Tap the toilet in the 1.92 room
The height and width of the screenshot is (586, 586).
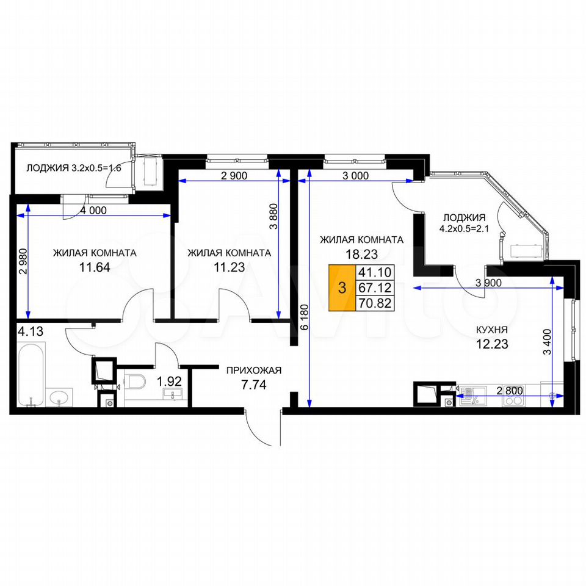(135, 381)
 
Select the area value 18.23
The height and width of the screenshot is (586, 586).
(361, 254)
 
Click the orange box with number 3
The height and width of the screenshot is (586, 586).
(342, 288)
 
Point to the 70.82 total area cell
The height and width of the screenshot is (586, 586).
(374, 303)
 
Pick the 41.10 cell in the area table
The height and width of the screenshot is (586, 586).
(374, 272)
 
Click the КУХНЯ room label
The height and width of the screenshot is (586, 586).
(491, 330)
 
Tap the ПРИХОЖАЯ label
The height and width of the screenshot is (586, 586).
(254, 371)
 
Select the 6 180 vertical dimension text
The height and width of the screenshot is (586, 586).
(305, 317)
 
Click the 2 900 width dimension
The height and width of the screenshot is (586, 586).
(234, 175)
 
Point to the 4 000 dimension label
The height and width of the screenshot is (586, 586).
(93, 211)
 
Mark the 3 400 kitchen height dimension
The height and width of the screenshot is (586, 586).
(547, 342)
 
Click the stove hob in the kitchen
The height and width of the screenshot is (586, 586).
(513, 401)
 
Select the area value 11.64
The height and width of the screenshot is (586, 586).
(95, 267)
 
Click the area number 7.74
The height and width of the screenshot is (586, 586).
(254, 384)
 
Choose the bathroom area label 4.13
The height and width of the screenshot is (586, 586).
(31, 331)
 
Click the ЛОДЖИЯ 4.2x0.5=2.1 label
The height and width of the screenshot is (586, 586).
(464, 223)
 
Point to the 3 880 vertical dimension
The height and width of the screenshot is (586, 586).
(273, 216)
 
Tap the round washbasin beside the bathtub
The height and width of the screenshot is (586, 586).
(59, 397)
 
